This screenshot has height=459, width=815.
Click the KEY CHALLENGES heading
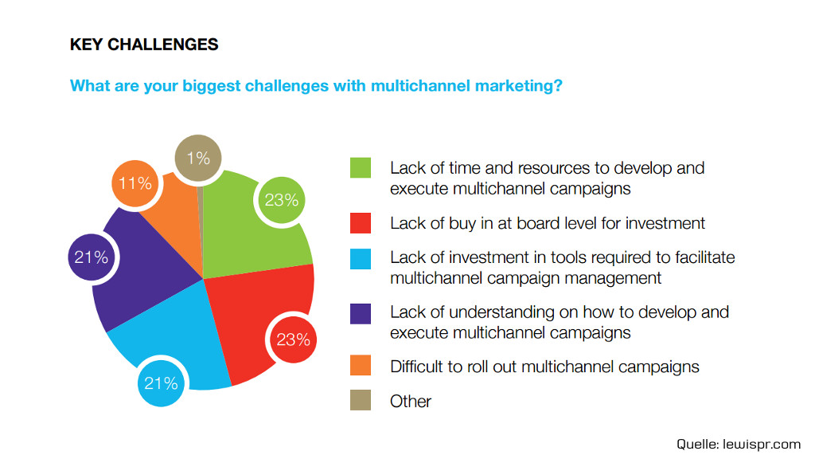pyautogui.click(x=144, y=45)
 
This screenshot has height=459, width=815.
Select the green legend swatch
pyautogui.click(x=361, y=168)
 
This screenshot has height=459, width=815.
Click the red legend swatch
pyautogui.click(x=361, y=223)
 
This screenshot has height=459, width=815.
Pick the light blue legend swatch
pyautogui.click(x=361, y=257)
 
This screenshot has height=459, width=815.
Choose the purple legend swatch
pyautogui.click(x=361, y=312)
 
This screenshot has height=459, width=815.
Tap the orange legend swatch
pyautogui.click(x=361, y=367)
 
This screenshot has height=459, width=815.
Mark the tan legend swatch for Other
pyautogui.click(x=361, y=401)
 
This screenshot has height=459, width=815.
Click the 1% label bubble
pyautogui.click(x=198, y=158)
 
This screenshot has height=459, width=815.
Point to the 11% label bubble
pyautogui.click(x=135, y=183)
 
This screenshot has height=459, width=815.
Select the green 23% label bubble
pyautogui.click(x=282, y=200)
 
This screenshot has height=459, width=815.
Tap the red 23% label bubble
pyautogui.click(x=293, y=339)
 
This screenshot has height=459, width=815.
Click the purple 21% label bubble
pyautogui.click(x=92, y=257)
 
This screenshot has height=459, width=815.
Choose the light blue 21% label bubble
pyautogui.click(x=161, y=383)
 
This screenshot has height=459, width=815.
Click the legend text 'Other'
pyautogui.click(x=411, y=402)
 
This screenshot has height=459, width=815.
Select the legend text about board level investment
pyautogui.click(x=548, y=224)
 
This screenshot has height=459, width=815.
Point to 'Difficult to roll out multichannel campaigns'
pyautogui.click(x=544, y=367)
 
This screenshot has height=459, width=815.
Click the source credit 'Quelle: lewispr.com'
pyautogui.click(x=739, y=443)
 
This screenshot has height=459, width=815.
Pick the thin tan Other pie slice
pyautogui.click(x=201, y=199)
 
